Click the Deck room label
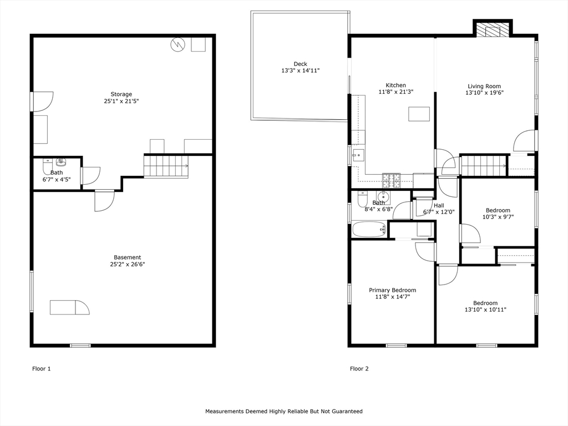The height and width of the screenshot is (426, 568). click(300, 64)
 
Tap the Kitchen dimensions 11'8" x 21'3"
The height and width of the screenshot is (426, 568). click(396, 92)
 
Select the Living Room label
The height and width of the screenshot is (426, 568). click(484, 86)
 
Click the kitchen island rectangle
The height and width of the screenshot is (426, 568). click(419, 114)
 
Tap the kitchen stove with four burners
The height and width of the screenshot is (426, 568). click(392, 181)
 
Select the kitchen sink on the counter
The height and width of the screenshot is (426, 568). click(358, 155)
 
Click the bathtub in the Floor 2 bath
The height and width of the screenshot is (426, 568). click(369, 229)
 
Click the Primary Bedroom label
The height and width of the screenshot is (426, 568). click(392, 290)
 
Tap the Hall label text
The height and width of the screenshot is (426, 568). click(439, 205)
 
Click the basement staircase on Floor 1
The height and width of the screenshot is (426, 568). click(166, 166)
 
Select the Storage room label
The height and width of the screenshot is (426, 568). click(121, 94)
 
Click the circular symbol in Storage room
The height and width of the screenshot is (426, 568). click(178, 44)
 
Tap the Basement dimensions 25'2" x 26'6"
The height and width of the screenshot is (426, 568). click(128, 265)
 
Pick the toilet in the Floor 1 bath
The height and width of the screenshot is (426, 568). click(48, 166)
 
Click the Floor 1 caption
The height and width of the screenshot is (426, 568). click(42, 369)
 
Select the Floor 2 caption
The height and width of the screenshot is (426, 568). click(359, 369)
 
